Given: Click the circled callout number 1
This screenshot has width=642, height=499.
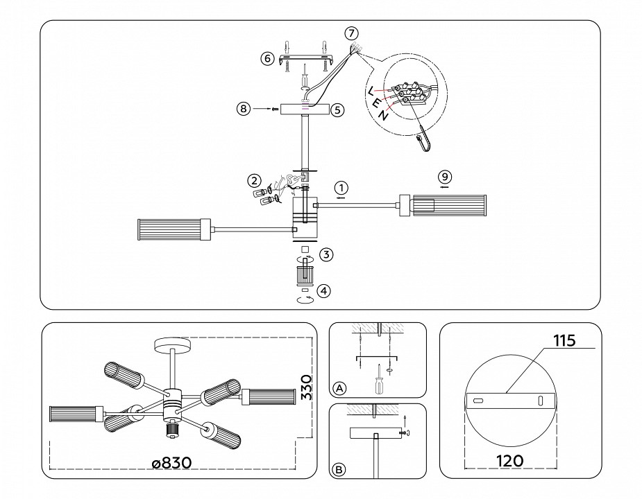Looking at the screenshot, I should (340, 187).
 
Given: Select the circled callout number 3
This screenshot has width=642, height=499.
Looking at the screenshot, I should (326, 255).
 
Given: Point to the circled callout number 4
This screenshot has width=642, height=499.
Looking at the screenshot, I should (325, 292).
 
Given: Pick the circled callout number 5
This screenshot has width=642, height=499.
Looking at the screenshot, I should (337, 110).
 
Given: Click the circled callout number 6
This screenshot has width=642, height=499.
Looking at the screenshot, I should (267, 59).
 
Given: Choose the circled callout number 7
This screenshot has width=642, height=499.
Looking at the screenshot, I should (352, 33).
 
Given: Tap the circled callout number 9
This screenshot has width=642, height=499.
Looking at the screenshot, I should (445, 176).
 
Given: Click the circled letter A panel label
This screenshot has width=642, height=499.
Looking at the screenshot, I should (339, 387).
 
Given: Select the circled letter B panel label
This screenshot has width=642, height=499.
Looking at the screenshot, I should (339, 470).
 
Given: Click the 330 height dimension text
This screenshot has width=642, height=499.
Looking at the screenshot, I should (307, 391).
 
